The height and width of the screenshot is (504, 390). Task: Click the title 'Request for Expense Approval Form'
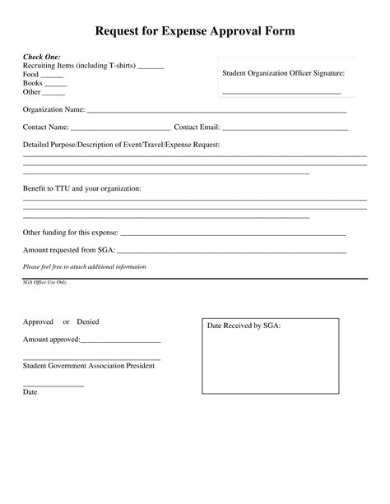pyautogui.click(x=194, y=30)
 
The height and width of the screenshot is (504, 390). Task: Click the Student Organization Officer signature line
pyautogui.click(x=281, y=92)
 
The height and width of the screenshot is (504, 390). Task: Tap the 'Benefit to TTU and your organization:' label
pyautogui.click(x=81, y=188)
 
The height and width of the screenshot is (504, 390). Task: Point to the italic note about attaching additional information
pyautogui.click(x=84, y=266)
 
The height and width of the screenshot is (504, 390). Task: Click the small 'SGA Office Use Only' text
pyautogui.click(x=44, y=282)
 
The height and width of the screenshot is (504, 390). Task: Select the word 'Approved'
pyautogui.click(x=38, y=321)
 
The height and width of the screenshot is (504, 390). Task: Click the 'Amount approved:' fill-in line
pyautogui.click(x=120, y=341)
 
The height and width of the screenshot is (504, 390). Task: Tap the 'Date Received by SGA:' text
pyautogui.click(x=244, y=326)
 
